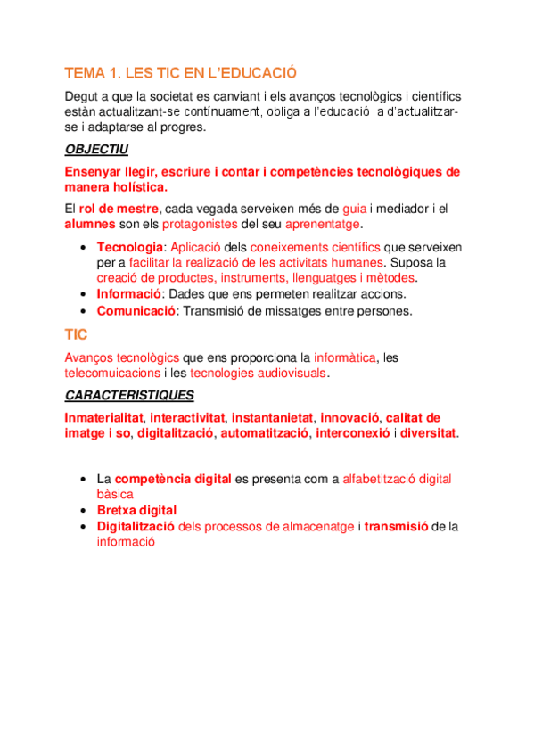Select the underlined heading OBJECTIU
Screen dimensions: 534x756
[97, 149]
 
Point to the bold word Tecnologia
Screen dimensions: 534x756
[130, 247]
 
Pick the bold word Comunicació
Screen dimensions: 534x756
[136, 311]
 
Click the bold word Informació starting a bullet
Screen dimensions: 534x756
[128, 294]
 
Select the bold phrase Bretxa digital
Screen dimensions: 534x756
[136, 510]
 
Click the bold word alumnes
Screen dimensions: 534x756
[89, 223]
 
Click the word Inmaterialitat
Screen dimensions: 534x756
[104, 416]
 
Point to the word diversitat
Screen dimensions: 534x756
[428, 432]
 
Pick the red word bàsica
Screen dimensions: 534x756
[115, 493]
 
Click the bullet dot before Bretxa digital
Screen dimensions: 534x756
[83, 510]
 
